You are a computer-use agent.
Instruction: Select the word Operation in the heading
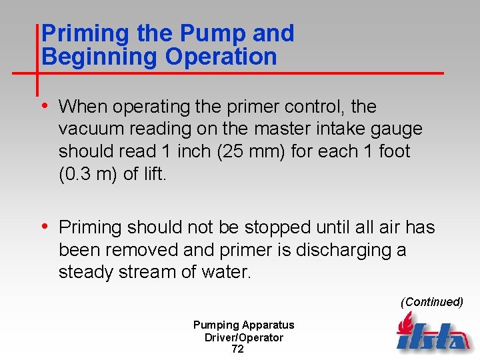221,57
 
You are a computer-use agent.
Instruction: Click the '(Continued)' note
431,302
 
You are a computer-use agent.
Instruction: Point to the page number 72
237,349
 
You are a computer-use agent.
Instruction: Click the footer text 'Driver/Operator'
243,337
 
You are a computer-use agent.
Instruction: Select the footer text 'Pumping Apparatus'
243,325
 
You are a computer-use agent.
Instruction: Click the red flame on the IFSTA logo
405,325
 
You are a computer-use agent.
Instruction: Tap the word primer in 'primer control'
259,107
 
